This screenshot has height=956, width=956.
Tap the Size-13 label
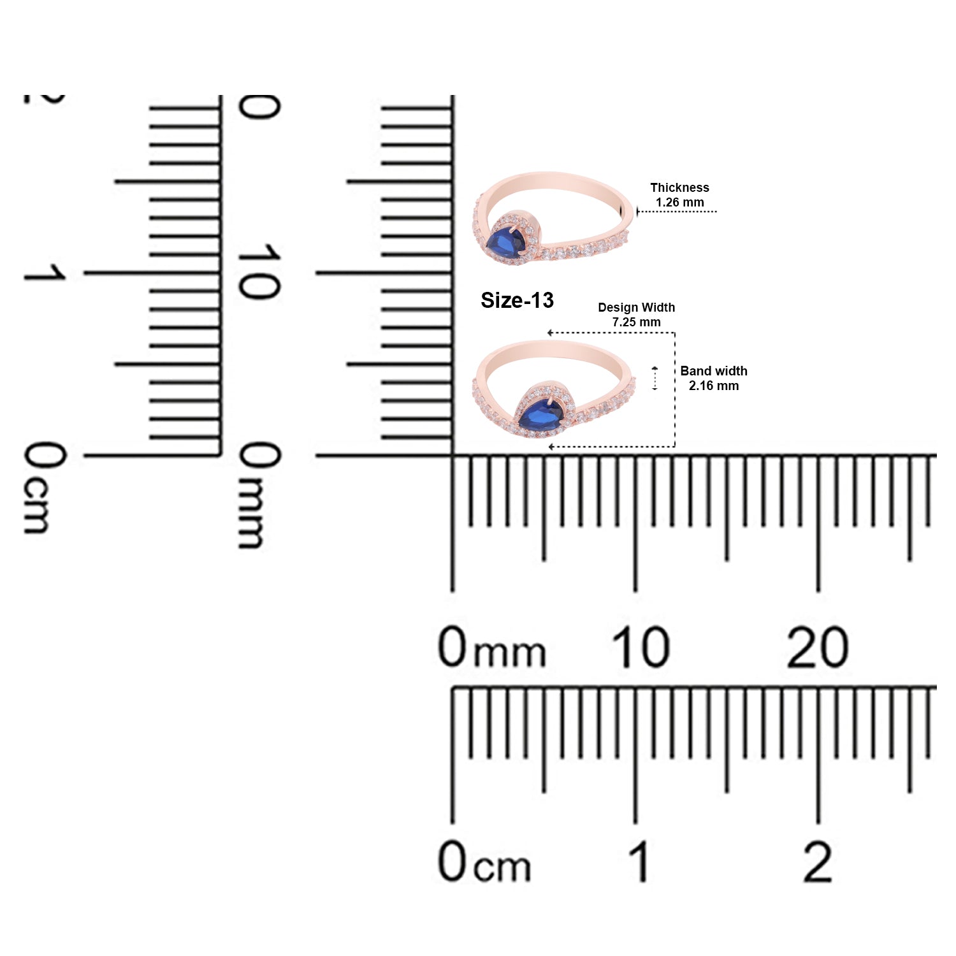517,300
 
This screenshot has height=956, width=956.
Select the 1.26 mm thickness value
680,202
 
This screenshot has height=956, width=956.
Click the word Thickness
679,187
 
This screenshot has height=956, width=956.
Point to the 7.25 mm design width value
636,322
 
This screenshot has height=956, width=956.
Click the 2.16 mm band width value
714,386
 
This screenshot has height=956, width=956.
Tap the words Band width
714,371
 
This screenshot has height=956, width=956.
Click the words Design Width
636,307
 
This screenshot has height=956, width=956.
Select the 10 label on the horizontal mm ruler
641,648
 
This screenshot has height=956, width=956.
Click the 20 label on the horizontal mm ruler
818,648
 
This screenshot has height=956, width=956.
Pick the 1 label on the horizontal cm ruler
639,861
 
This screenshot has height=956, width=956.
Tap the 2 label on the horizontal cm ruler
818,861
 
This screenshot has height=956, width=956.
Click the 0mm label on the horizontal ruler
492,648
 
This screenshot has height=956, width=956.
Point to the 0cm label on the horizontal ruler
484,861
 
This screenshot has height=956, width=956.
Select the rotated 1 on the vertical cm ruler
45,273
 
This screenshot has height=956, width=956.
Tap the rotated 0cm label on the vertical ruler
45,488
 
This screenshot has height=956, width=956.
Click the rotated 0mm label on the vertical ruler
259,495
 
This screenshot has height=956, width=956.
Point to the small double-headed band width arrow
655,379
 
